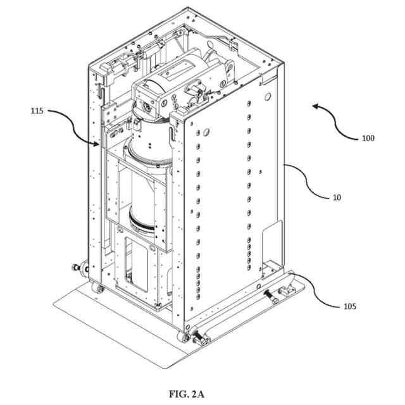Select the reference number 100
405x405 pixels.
367,137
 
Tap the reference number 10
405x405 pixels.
337,197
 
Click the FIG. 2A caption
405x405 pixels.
187,394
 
